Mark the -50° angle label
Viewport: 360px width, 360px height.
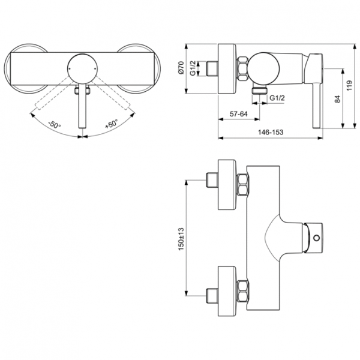[x=55, y=127]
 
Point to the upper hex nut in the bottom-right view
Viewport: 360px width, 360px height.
[x=242, y=185]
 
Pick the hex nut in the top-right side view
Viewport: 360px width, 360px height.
[x=242, y=67]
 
